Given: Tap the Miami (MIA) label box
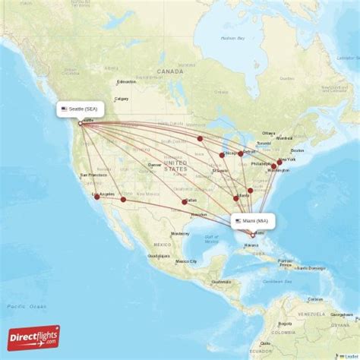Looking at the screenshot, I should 254,221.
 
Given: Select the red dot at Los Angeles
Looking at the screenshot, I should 96,197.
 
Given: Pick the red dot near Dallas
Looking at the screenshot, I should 184,201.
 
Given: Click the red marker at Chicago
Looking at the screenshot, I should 223,155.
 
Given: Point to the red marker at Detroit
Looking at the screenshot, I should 241,153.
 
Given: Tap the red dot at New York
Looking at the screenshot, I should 279,162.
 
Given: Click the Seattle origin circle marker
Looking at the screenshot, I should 81,123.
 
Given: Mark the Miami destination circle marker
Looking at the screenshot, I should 254,235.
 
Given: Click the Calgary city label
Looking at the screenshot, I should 122,99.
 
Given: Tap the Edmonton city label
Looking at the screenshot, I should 125,81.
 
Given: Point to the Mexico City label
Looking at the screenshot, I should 187,261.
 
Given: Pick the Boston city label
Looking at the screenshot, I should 298,150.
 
